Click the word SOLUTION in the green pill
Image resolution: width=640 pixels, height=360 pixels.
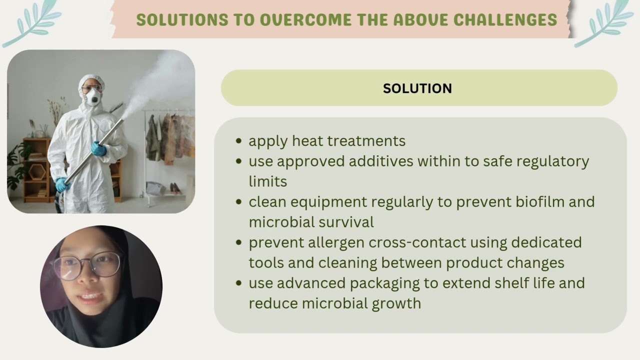(x=417, y=88)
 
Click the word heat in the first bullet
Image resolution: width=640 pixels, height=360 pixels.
(x=308, y=141)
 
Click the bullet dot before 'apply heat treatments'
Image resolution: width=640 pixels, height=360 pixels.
(x=239, y=141)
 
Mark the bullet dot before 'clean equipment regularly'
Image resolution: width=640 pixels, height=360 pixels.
(x=239, y=202)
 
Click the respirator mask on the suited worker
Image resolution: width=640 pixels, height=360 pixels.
(x=92, y=98)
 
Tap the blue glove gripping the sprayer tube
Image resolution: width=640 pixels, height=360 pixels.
(x=98, y=148)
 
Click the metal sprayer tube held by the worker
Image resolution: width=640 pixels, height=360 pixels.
(x=95, y=150)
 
